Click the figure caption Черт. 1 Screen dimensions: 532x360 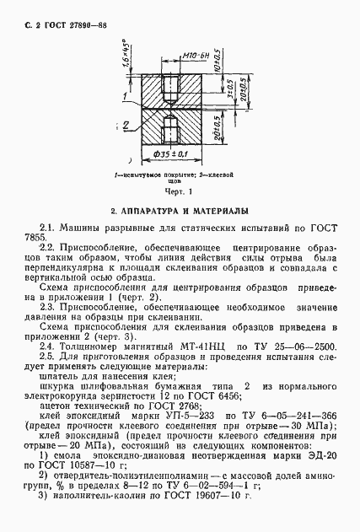point(178,191)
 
